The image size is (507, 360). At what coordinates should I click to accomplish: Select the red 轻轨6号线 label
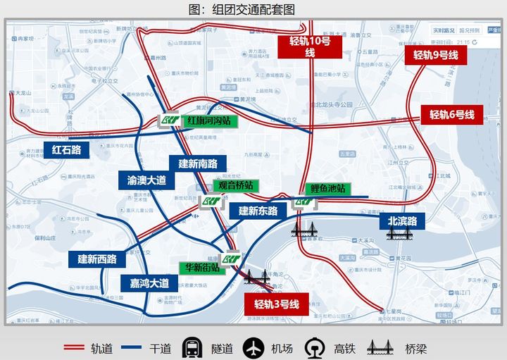[452, 115]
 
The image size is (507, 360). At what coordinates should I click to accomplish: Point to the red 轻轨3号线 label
[277, 304]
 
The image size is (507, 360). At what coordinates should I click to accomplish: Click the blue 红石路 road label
[67, 149]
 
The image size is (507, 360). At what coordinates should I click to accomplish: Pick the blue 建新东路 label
[258, 211]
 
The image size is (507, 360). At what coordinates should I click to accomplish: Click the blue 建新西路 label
[97, 259]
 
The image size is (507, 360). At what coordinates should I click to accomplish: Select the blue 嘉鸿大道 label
[149, 283]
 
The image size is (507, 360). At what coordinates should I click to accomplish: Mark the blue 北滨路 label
[402, 221]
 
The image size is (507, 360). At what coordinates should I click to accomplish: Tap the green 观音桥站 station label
[236, 185]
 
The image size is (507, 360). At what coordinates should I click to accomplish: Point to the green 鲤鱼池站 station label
[327, 189]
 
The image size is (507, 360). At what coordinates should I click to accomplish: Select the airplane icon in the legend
[254, 348]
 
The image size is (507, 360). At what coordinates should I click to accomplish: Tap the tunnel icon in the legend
[192, 348]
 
